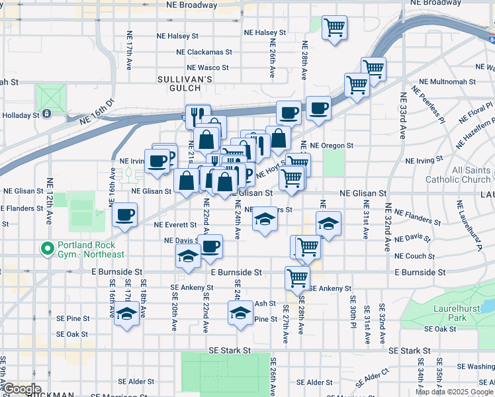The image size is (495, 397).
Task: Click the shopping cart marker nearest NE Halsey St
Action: pos(334,28)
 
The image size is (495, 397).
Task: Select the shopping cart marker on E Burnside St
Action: pos(297,278)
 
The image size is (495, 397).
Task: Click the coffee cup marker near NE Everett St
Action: pos(124,215)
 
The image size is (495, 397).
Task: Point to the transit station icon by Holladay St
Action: pos(47,114)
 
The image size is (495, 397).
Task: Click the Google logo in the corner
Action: pos(21,389)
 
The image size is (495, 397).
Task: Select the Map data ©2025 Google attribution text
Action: pos(454,392)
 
